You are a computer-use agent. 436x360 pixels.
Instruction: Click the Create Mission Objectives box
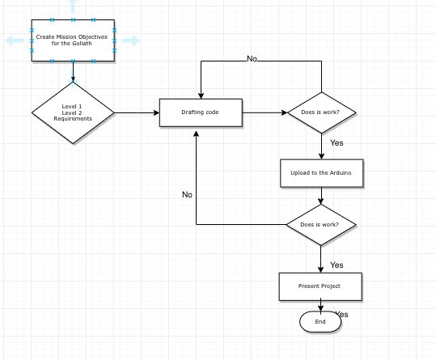tap(73, 40)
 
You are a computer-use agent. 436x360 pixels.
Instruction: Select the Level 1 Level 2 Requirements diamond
tap(73, 113)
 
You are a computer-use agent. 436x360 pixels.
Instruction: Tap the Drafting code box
tap(201, 112)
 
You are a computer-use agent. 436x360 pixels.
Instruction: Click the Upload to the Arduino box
tap(322, 173)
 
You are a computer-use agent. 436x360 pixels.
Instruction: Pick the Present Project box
tap(320, 286)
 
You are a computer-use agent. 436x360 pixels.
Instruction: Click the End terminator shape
tap(320, 322)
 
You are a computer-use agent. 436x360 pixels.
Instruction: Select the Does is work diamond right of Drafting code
tap(322, 112)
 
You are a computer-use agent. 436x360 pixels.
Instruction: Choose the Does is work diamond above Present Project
tap(321, 225)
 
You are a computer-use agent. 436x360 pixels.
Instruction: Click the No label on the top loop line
tap(252, 59)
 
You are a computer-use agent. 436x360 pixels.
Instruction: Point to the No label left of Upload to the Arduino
tap(187, 195)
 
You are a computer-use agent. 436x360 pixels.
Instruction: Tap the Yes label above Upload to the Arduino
tap(337, 143)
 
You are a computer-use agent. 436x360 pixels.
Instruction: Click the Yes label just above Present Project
tap(337, 265)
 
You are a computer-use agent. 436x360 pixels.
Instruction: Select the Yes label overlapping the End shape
tap(342, 314)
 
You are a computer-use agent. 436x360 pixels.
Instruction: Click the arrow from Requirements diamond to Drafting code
tap(137, 113)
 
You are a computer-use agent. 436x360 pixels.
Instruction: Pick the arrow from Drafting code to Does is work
tap(265, 112)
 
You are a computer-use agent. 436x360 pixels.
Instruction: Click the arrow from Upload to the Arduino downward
tap(321, 196)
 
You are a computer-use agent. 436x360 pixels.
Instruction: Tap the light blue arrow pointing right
tap(131, 40)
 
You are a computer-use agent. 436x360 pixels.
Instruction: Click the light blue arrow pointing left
tap(15, 40)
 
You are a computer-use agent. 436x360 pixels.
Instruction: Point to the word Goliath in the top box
tap(81, 44)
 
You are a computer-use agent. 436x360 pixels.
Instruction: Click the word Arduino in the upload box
tap(341, 173)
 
